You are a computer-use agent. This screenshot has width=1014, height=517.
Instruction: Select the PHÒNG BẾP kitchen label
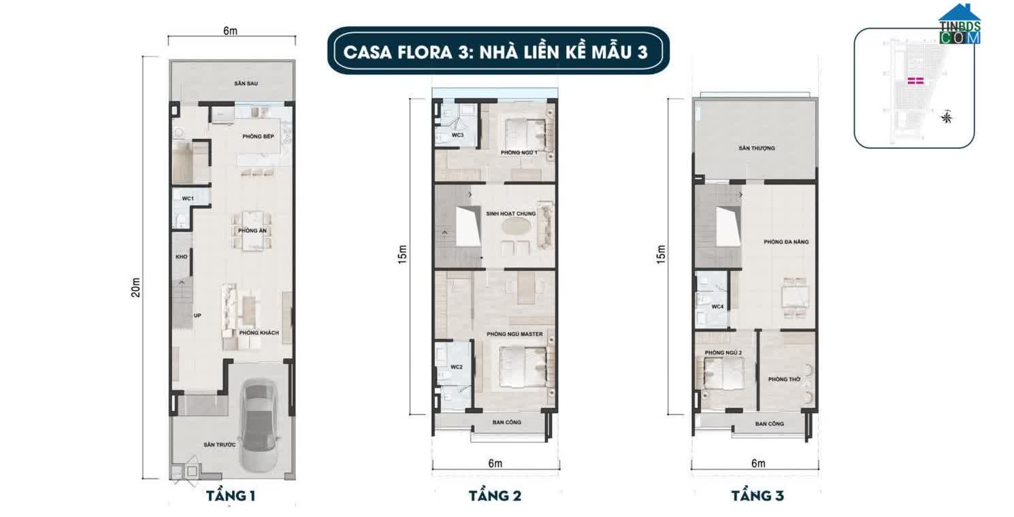[258, 137]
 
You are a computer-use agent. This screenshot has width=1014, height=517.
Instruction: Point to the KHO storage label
[181, 257]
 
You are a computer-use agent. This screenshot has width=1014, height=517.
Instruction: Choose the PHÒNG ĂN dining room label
[252, 231]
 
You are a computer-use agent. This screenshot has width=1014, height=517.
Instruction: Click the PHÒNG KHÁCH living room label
[259, 333]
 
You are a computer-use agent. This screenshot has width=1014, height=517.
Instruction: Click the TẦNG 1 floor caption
[231, 496]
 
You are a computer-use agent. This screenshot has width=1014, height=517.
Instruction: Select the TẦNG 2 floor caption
[495, 496]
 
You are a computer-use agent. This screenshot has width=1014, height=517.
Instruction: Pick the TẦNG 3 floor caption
[757, 496]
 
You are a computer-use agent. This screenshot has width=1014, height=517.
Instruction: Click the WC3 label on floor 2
[458, 135]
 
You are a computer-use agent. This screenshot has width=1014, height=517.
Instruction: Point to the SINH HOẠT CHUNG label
[510, 214]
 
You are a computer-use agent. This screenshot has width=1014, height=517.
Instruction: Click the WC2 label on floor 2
[456, 367]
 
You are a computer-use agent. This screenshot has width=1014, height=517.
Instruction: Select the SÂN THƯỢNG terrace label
[756, 148]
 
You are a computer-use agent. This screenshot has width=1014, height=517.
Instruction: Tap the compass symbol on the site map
[946, 118]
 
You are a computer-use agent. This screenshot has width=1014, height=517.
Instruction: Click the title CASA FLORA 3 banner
[495, 52]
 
